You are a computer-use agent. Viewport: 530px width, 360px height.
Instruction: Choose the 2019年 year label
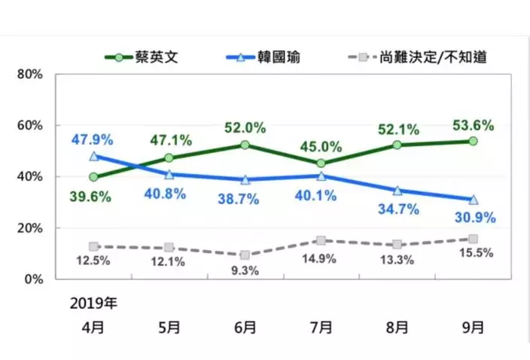point(93,304)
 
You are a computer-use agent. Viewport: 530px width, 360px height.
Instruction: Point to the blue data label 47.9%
point(93,139)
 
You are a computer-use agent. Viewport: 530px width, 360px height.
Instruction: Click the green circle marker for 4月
point(93,177)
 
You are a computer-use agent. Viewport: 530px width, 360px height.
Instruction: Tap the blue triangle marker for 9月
point(473,200)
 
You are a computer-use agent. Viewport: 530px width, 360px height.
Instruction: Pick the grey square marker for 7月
point(321,241)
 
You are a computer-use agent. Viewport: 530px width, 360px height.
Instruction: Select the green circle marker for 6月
point(245,145)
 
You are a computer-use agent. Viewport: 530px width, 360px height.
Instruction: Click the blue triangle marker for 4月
point(93,157)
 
